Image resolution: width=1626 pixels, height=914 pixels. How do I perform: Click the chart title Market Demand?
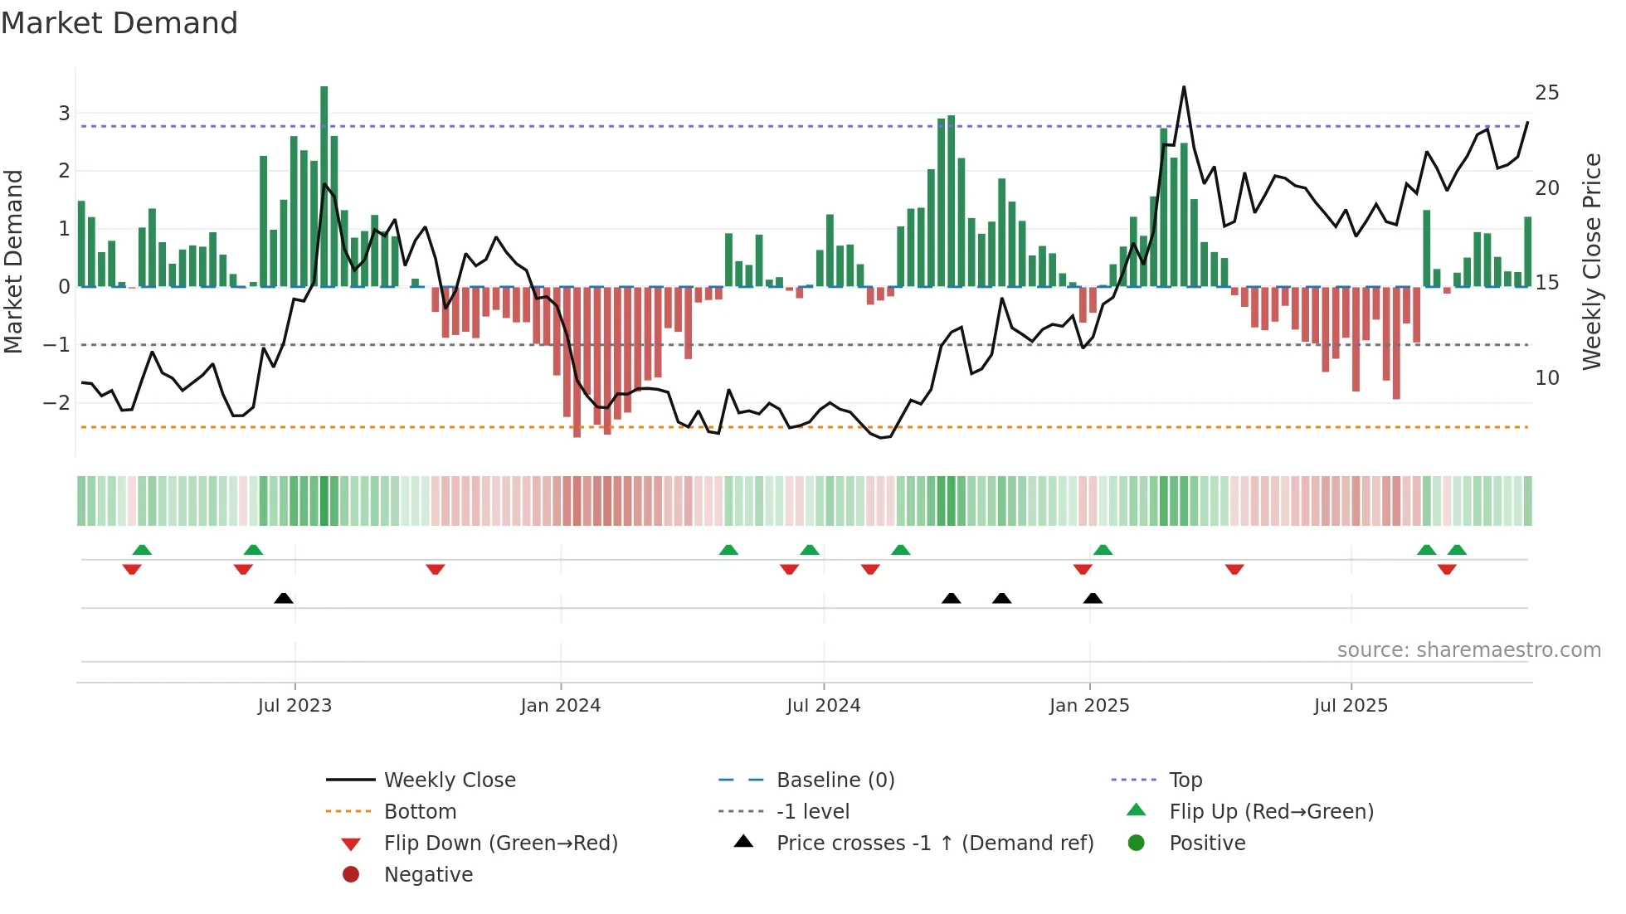click(119, 23)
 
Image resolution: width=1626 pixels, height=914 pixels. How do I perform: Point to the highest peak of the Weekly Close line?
click(1184, 87)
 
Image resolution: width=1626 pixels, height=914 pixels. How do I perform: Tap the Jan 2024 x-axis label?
click(560, 706)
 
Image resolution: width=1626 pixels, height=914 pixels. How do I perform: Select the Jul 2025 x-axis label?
click(1351, 706)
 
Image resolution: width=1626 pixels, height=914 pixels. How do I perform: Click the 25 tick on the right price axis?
click(1546, 93)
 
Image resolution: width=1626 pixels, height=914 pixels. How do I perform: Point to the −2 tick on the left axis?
click(56, 403)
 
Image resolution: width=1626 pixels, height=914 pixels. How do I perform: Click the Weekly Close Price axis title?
click(1591, 261)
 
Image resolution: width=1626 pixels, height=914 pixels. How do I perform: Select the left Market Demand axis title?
click(13, 261)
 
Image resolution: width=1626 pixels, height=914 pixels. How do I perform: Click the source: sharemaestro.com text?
click(1468, 650)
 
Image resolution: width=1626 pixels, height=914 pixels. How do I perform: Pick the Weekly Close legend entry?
click(449, 780)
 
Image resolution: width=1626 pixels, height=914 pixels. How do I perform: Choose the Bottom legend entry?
click(420, 812)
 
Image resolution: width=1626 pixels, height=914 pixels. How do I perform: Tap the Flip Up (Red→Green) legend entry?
click(1271, 812)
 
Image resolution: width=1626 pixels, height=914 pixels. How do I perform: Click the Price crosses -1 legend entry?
click(934, 844)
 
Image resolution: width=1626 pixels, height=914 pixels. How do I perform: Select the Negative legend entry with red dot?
click(428, 875)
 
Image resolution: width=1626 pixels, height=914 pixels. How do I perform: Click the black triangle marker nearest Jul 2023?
click(284, 598)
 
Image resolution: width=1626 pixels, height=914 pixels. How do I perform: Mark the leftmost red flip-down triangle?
click(132, 569)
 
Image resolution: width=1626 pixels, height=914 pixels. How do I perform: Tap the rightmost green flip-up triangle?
click(1457, 550)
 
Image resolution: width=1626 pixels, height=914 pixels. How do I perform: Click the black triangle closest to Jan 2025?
click(1093, 598)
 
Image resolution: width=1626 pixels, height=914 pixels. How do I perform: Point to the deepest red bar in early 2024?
click(577, 365)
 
